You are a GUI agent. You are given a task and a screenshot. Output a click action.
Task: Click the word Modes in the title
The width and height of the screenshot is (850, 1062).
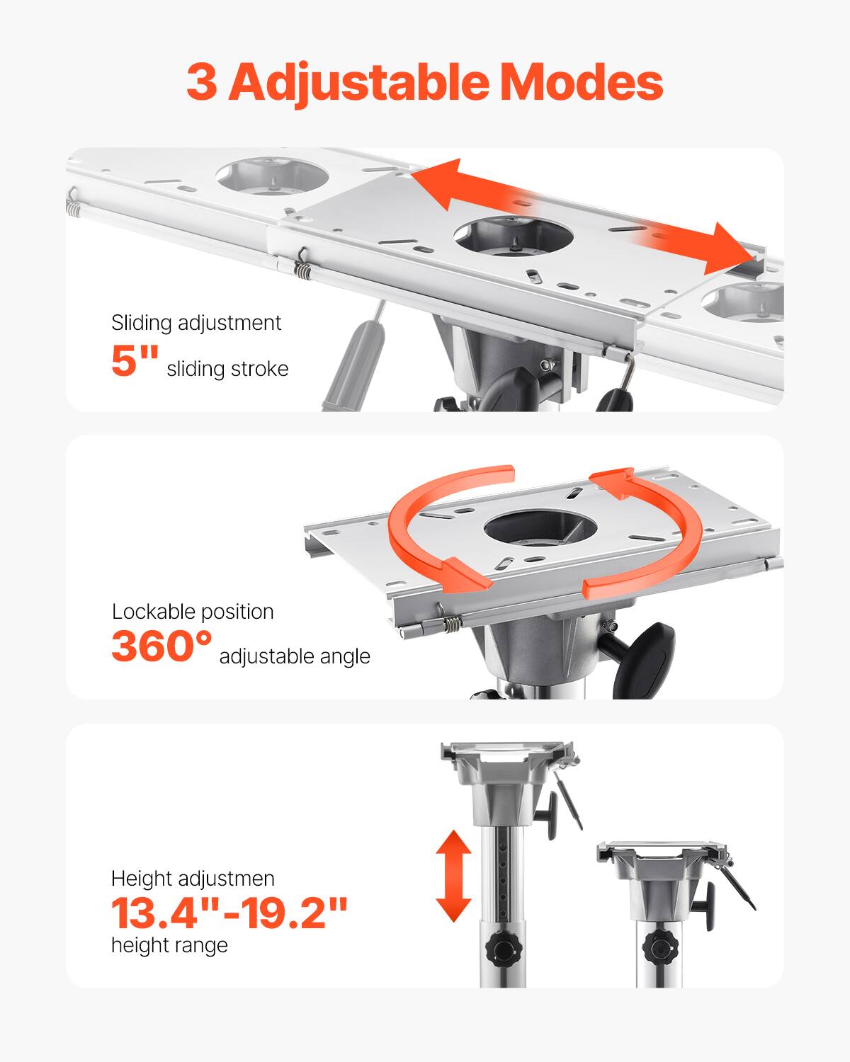(581, 83)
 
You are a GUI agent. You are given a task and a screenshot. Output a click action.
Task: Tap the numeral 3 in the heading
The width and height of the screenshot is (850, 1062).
(202, 84)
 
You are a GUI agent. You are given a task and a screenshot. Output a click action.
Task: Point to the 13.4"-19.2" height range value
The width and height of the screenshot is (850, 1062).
(229, 913)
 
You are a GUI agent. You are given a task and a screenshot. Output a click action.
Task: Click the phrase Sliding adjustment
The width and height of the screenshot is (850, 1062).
(196, 323)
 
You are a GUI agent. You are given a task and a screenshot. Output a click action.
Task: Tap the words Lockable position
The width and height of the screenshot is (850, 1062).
(193, 611)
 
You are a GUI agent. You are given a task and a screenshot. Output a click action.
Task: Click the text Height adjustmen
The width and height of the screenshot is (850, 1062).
(193, 879)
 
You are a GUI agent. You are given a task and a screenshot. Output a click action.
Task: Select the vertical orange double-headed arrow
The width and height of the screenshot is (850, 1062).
(453, 876)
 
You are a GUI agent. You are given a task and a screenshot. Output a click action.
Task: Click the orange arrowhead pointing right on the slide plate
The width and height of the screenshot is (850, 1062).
(730, 249)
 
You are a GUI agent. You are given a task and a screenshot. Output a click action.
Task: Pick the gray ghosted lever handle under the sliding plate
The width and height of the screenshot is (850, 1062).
(352, 361)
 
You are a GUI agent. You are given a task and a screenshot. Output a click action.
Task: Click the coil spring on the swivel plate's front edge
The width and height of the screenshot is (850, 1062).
(450, 624)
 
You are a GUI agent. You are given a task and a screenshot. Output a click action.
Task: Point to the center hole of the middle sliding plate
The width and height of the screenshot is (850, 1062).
(513, 239)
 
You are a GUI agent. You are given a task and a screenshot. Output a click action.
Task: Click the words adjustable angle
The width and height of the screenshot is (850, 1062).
(295, 656)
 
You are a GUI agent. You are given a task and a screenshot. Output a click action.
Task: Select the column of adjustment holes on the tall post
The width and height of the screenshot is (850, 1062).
(502, 871)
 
